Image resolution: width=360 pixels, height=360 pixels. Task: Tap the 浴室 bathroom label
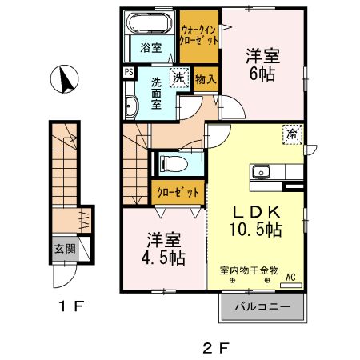click(x=151, y=47)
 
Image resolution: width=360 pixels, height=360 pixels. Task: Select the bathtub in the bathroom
click(x=150, y=23)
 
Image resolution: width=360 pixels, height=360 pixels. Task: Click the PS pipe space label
click(x=128, y=72)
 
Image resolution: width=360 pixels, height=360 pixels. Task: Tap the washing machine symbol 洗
click(x=181, y=79)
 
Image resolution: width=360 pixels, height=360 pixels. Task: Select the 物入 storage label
click(x=205, y=79)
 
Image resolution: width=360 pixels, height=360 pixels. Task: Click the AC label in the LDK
click(x=290, y=278)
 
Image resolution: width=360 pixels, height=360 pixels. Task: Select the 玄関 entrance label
click(x=66, y=249)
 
